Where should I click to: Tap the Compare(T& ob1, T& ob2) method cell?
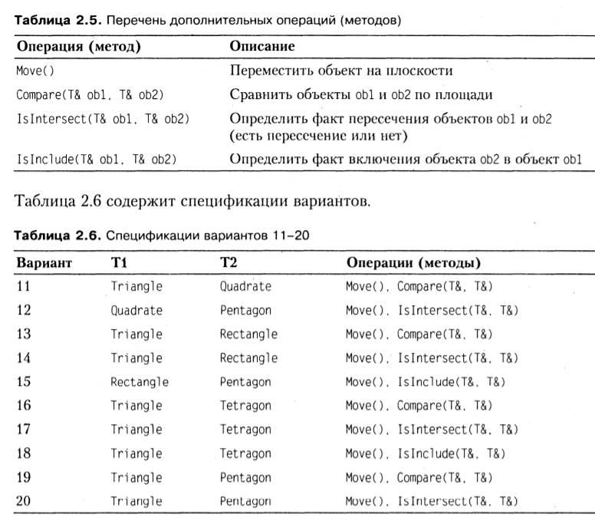pos(90,94)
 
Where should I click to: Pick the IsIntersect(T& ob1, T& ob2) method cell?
pos(103,119)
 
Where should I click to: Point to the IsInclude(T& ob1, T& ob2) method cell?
pos(97,160)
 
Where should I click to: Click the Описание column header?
pos(262,46)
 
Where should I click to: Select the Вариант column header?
pos(44,263)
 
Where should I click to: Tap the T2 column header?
pos(228,263)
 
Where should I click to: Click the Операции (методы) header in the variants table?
pos(413,263)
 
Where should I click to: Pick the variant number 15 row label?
pos(25,381)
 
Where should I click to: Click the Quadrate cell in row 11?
pos(245,286)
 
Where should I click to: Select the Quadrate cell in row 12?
pos(136,311)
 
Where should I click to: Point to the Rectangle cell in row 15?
pos(140,381)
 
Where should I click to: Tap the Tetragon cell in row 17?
pos(245,429)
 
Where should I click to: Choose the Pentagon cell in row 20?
pos(245,501)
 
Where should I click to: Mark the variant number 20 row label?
pos(25,501)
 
